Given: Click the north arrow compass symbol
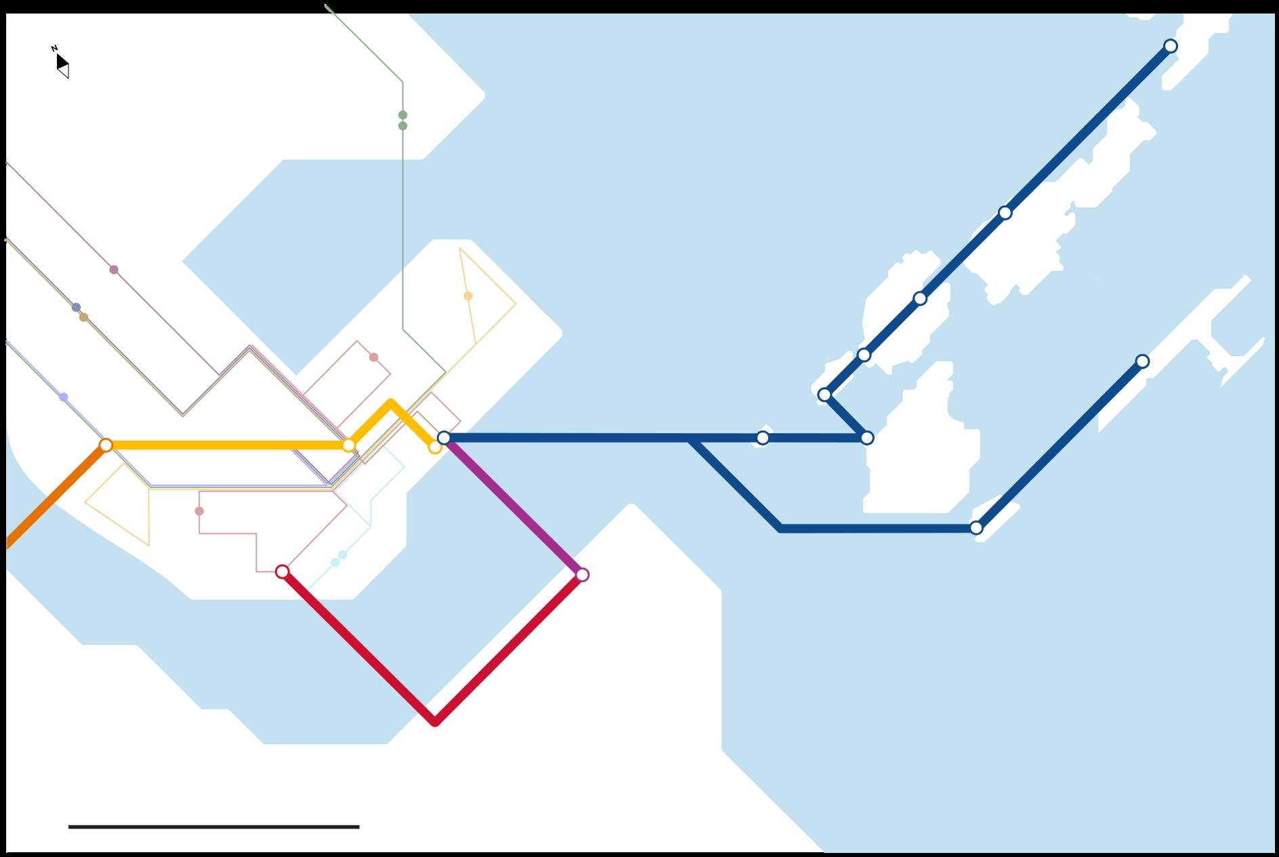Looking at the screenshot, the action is point(62,66).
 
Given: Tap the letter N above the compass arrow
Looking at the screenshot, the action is point(54,49).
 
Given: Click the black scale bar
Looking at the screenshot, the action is point(213,827).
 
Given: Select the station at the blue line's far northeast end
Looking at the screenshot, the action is point(1171,46).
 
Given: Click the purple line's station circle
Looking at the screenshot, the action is point(582,575).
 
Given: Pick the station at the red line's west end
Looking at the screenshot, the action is point(282,572).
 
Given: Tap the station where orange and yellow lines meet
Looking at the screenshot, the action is point(106,445).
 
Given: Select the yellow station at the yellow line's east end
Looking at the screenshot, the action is point(435,447).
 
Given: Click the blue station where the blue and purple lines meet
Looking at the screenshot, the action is point(444,438).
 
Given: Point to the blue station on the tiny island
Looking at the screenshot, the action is point(763,438).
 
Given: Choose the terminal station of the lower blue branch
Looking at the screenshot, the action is point(1142,361).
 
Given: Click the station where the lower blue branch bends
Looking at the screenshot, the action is point(976,528).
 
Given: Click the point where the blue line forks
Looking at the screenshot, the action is point(691,439).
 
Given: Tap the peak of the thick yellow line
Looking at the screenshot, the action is point(391,403).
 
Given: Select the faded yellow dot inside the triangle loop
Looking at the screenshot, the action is point(468,296).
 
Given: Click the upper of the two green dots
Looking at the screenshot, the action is point(403,115).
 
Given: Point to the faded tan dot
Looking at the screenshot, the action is point(84,317).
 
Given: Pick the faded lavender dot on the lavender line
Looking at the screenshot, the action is point(64,397).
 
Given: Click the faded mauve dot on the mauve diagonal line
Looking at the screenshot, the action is point(114,270).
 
